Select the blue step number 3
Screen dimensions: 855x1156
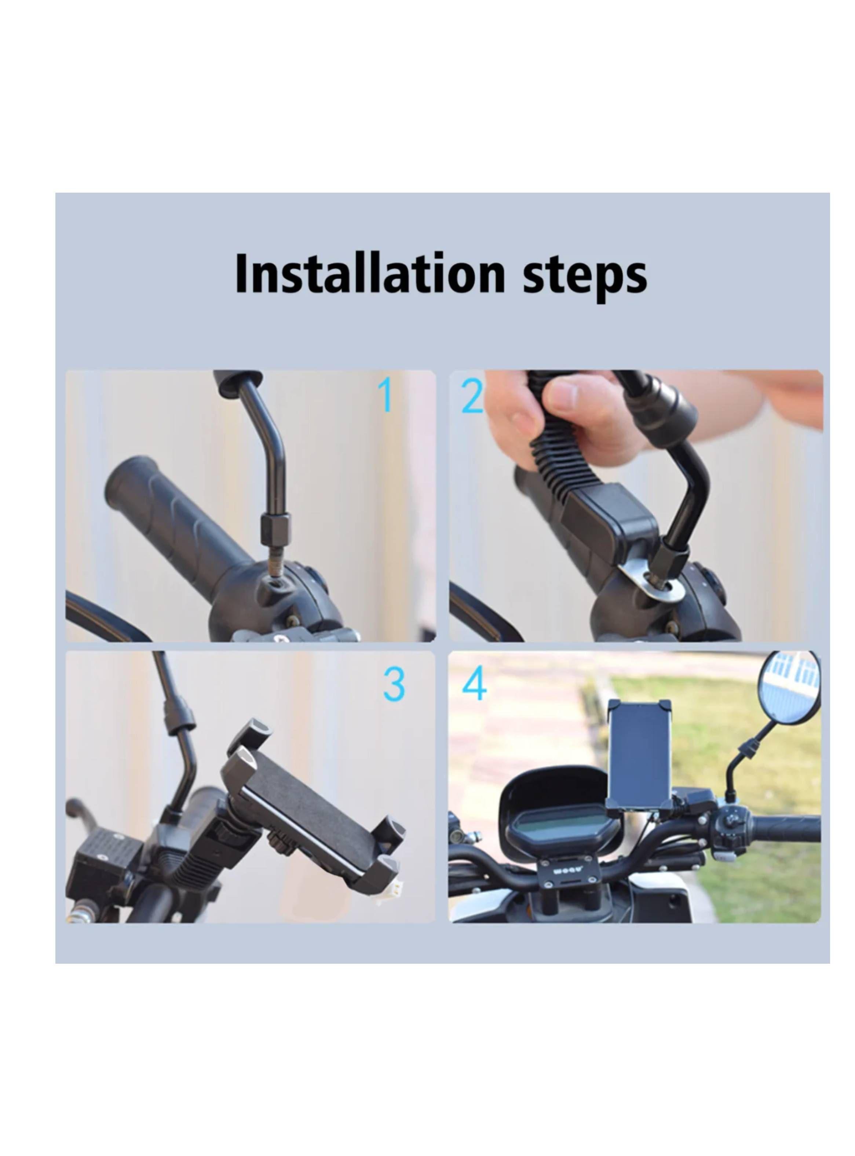click(394, 684)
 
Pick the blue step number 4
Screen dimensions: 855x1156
click(474, 683)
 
